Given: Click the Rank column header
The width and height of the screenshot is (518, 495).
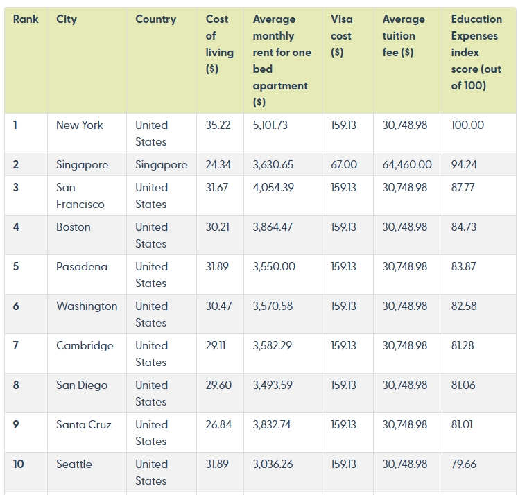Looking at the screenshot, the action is [x=26, y=19].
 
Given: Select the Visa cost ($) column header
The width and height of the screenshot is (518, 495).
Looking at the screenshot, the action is [x=342, y=35].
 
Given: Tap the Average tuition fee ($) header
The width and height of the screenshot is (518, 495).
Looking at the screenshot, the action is [x=404, y=35].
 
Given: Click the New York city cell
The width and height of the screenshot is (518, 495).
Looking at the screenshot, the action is [x=80, y=125].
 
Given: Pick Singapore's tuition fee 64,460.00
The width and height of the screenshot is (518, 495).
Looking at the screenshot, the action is [x=407, y=164].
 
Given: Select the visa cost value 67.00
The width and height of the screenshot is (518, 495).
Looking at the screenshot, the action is [x=344, y=164].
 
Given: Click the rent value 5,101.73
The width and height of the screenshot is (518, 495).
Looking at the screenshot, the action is [x=270, y=125].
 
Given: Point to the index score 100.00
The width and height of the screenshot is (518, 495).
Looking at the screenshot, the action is [x=467, y=125].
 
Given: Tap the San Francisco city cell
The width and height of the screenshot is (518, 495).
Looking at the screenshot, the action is [x=80, y=196].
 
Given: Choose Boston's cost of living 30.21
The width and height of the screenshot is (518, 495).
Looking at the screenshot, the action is [x=217, y=227].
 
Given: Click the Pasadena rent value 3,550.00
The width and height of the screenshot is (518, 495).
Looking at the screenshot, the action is [x=274, y=266].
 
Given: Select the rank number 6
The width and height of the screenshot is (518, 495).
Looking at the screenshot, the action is [x=16, y=306].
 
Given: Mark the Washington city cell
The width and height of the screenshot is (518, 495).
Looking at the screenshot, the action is [x=87, y=306].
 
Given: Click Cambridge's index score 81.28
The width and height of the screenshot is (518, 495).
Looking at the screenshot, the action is [x=463, y=346].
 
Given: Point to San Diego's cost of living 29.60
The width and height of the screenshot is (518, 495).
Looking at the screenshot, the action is [x=218, y=385].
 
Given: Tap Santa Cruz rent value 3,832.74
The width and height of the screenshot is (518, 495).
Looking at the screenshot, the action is [x=272, y=425].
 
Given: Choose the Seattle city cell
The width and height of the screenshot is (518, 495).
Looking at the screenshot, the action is [x=74, y=464].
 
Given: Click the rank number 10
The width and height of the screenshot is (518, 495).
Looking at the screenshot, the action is [x=19, y=464].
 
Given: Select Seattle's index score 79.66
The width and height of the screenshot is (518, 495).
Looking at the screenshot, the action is [x=464, y=464].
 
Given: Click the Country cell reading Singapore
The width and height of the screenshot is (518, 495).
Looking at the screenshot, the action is [x=161, y=165].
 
